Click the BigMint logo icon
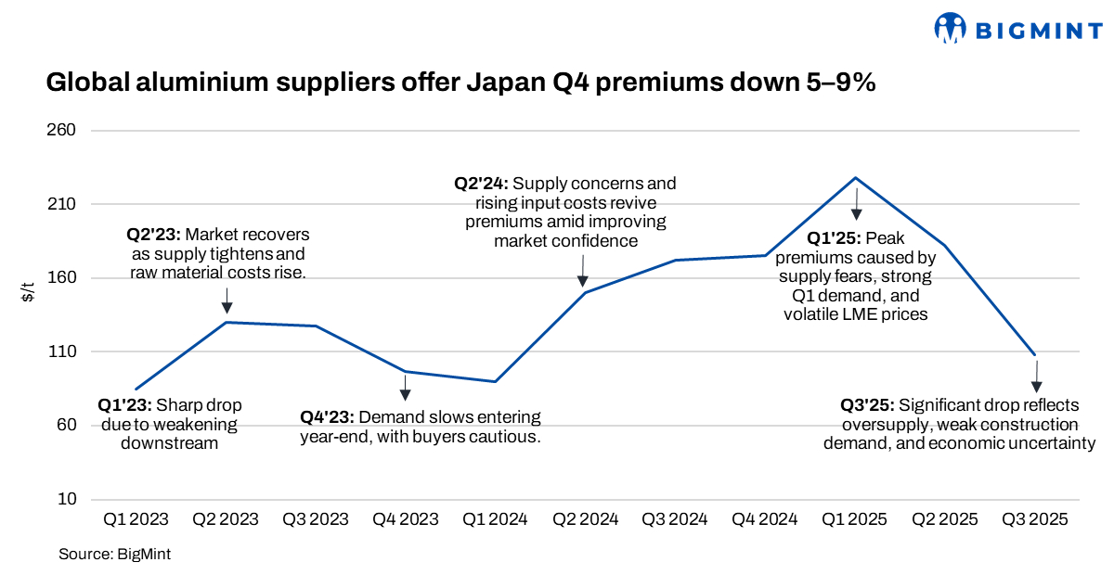click(x=951, y=28)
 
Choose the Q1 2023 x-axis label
click(x=136, y=520)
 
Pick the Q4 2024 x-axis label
click(x=765, y=520)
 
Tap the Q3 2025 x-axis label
click(x=1034, y=520)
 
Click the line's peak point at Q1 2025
click(x=855, y=177)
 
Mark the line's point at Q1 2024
click(x=496, y=381)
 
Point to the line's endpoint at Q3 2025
click(x=1035, y=355)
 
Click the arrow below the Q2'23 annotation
click(x=227, y=300)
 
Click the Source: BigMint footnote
click(x=114, y=555)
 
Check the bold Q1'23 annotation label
click(x=125, y=405)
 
